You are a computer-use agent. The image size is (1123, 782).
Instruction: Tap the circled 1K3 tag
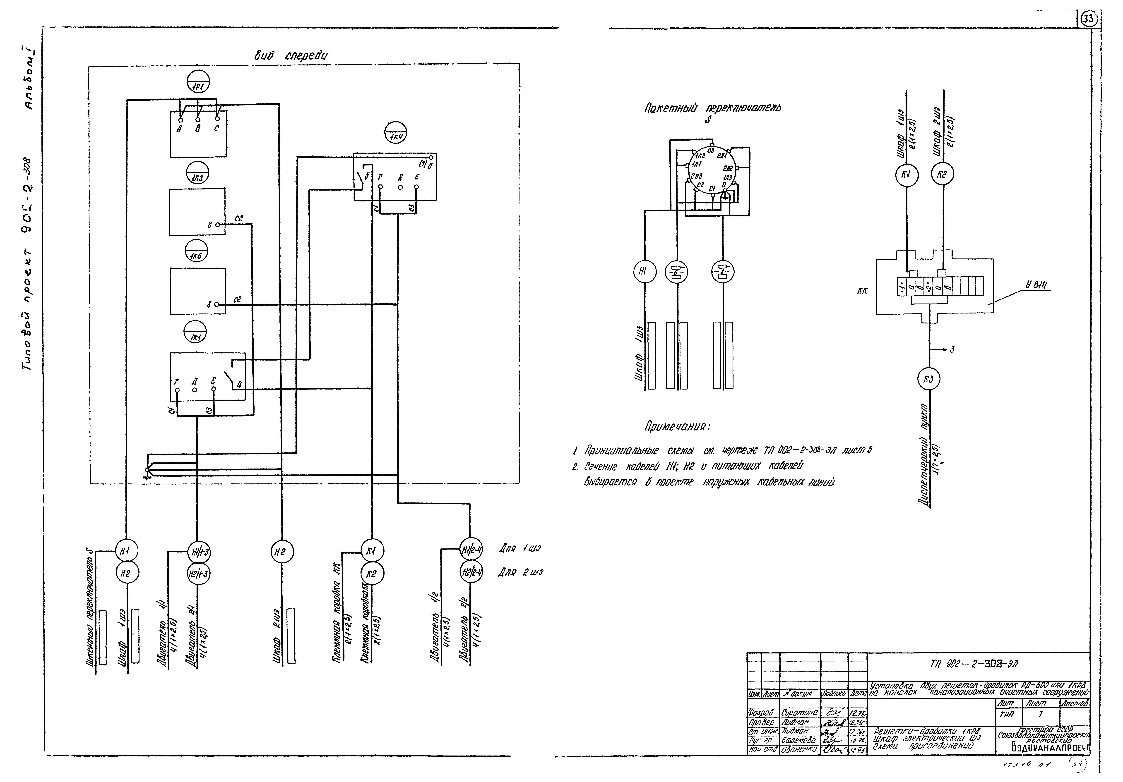(x=198, y=173)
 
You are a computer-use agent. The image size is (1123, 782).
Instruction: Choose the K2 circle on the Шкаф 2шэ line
(x=942, y=175)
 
